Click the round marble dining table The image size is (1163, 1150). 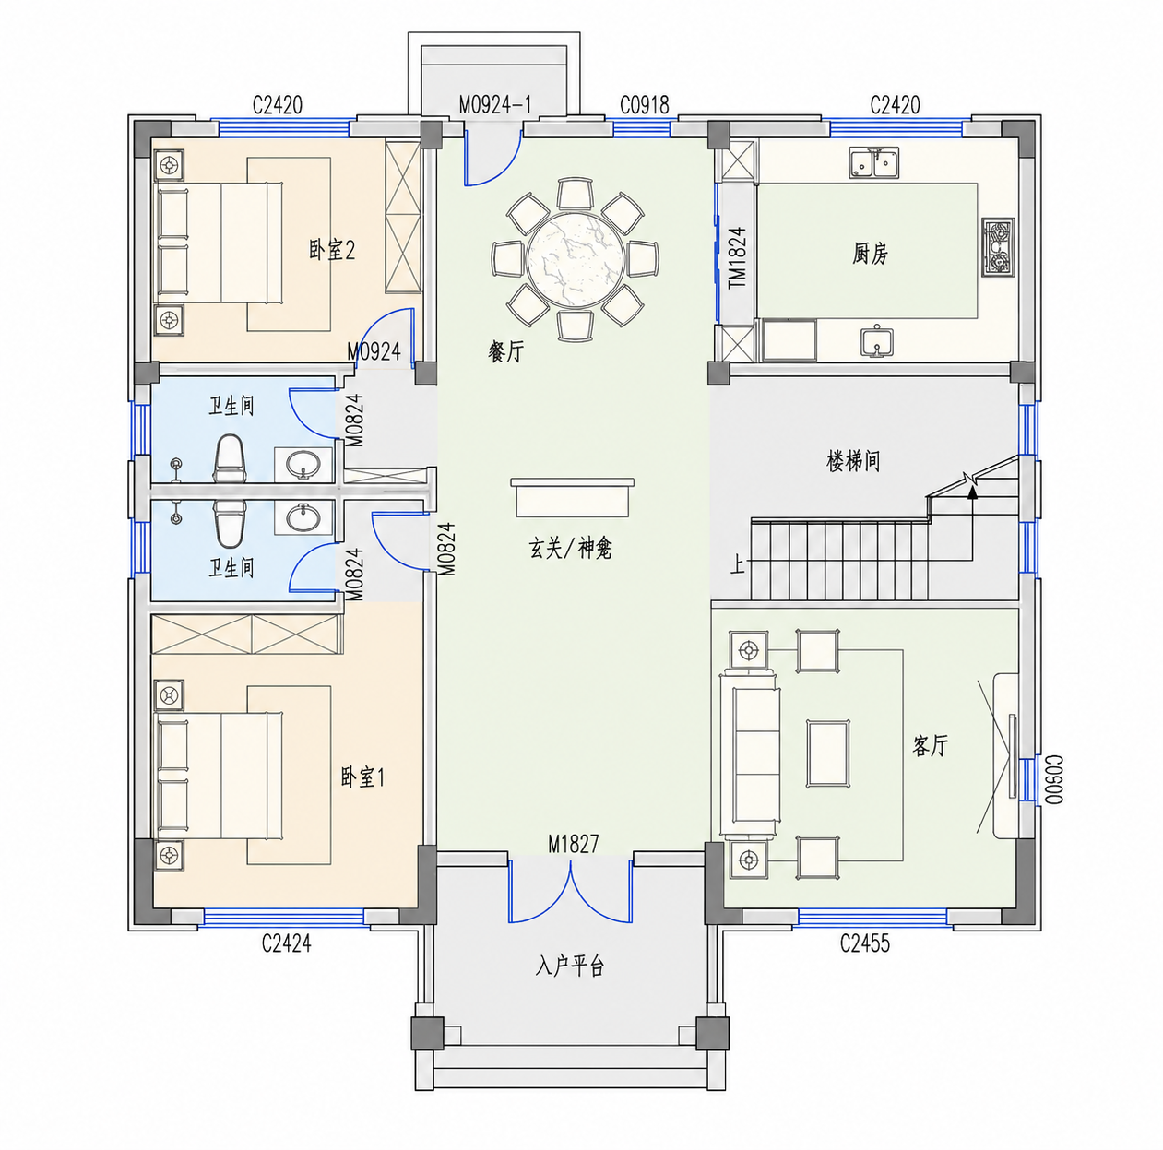[x=574, y=260]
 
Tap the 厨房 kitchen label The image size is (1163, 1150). [x=870, y=253]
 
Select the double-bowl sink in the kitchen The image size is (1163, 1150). [x=874, y=163]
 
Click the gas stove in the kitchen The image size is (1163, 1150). [x=998, y=247]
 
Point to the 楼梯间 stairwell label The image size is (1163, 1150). [x=853, y=462]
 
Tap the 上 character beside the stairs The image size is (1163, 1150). [x=737, y=563]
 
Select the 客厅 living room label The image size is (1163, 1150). [x=930, y=745]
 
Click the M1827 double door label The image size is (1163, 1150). [x=574, y=844]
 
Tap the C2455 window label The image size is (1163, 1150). [x=864, y=943]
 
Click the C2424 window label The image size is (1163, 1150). [x=286, y=943]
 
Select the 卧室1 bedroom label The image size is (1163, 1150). [x=362, y=777]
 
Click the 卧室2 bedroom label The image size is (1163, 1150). [x=332, y=249]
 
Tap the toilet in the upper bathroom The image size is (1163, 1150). [x=230, y=458]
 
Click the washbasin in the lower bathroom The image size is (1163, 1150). [x=303, y=517]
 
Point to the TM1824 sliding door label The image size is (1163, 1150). [x=737, y=258]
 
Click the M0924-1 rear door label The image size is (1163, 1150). [x=495, y=104]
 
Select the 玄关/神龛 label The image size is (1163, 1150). [x=570, y=549]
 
